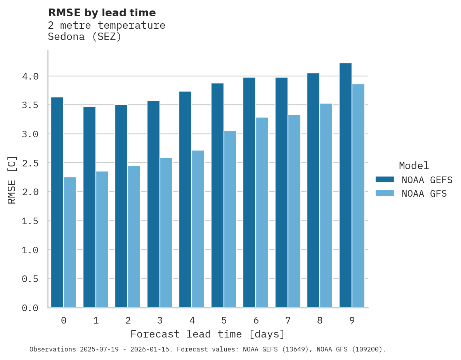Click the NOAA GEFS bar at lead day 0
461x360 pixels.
[57, 202]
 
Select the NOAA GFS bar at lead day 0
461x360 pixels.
[70, 242]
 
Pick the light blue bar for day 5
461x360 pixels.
[230, 219]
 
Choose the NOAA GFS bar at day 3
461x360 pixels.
[166, 232]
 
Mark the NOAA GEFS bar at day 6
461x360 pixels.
[249, 192]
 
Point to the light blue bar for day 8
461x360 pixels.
[326, 205]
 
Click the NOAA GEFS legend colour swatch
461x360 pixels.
[385, 180]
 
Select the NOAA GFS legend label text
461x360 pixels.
[424, 194]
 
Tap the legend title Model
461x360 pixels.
[414, 166]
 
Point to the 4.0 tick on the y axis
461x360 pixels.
[30, 76]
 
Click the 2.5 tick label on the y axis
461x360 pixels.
[30, 163]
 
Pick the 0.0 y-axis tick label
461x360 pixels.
[30, 308]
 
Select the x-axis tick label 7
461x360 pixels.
[288, 320]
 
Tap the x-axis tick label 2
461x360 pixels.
[128, 320]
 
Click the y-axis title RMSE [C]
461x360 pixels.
[12, 180]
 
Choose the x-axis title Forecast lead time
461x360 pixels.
[208, 334]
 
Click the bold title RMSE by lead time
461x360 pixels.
[102, 13]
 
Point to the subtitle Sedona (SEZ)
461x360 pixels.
[85, 37]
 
